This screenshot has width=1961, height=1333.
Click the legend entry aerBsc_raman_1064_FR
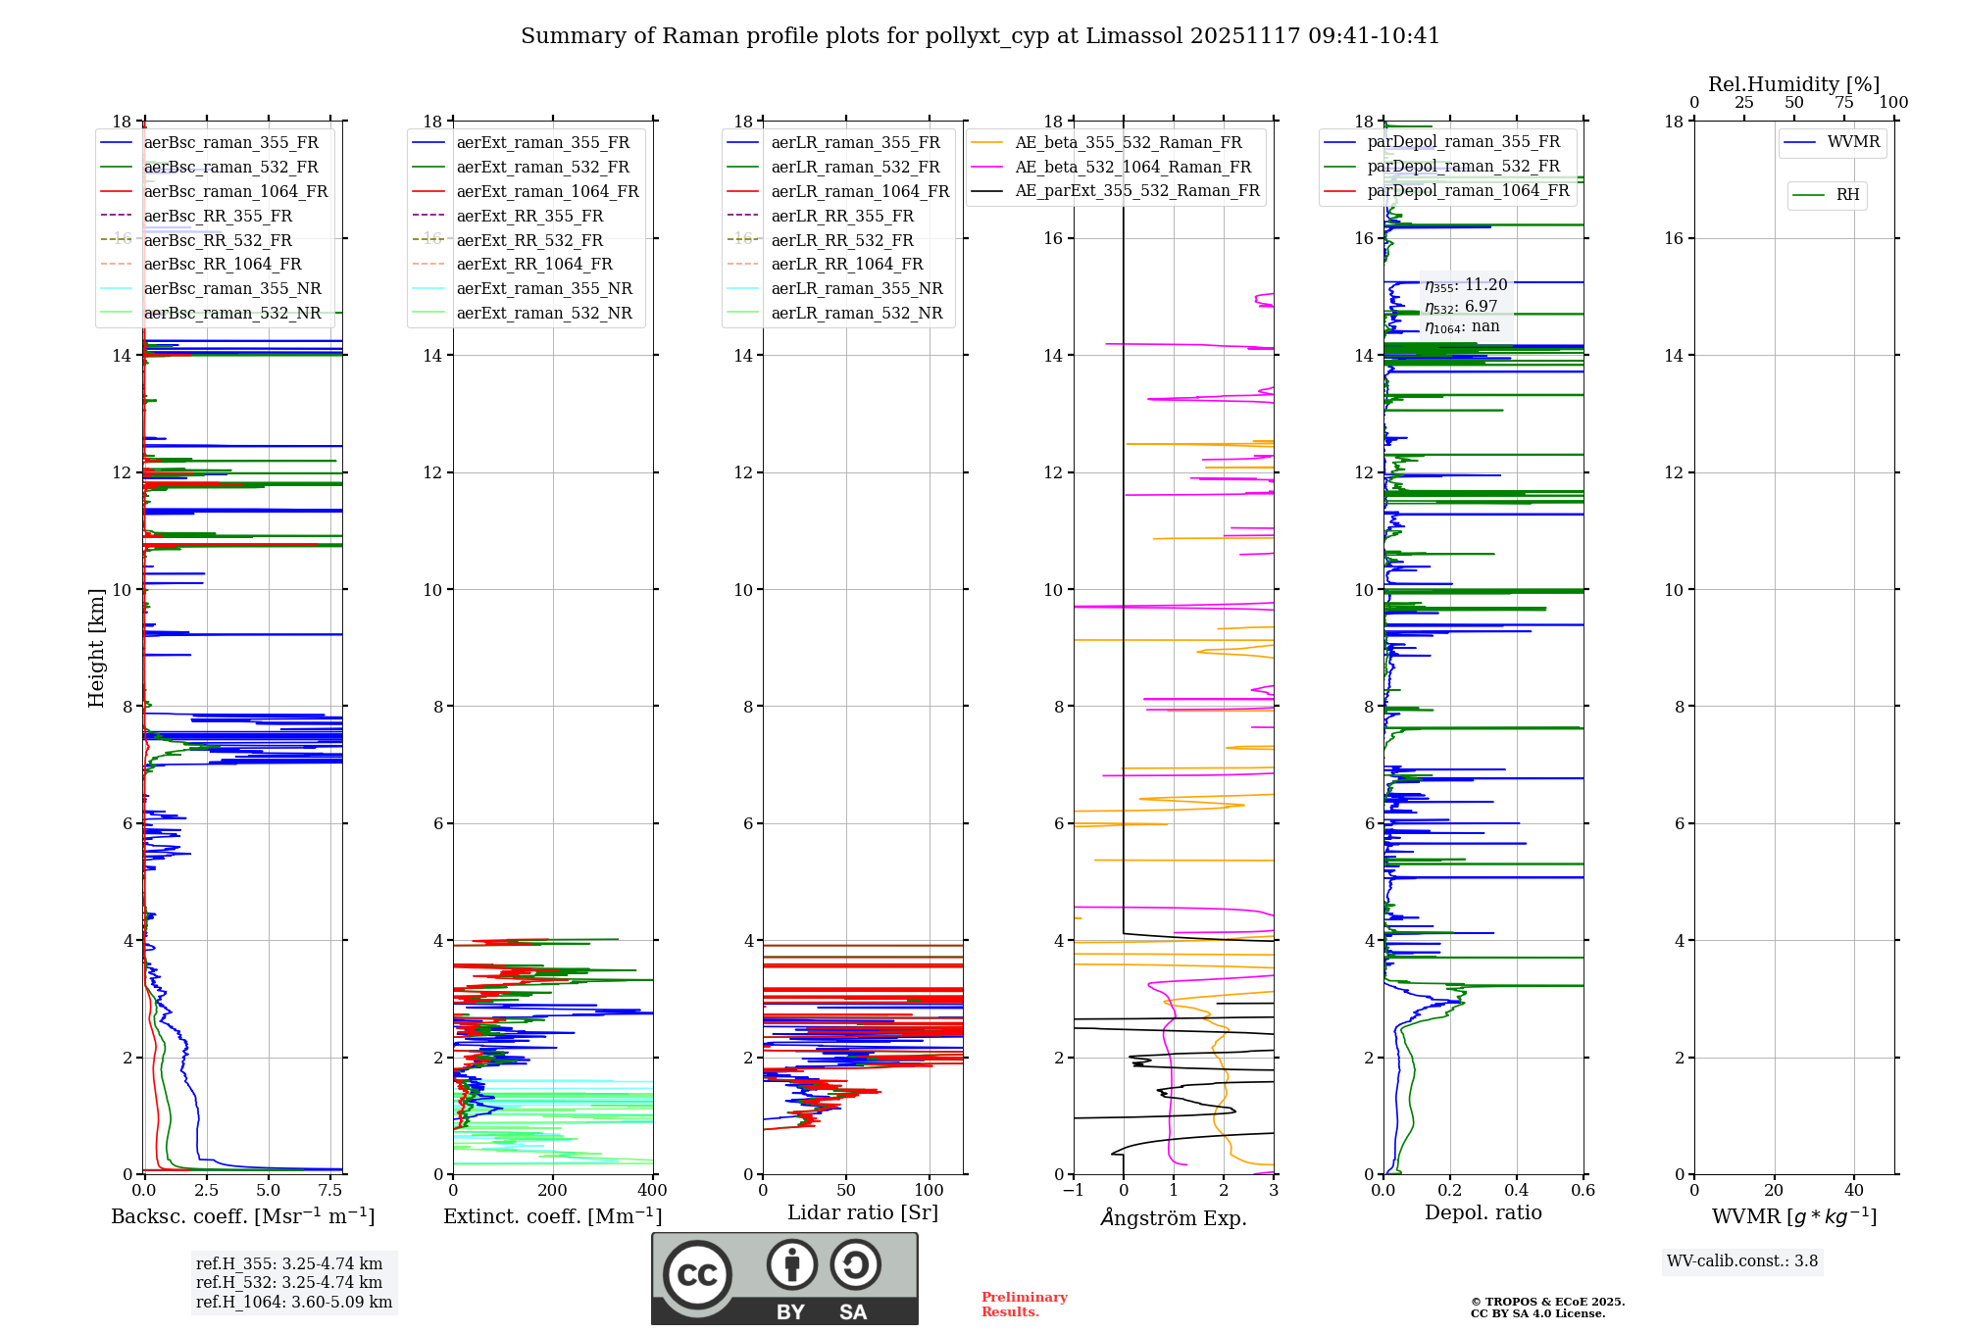235,192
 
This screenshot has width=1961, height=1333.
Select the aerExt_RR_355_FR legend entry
529,217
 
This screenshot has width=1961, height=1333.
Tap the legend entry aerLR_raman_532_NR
856,314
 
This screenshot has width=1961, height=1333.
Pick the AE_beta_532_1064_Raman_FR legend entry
1132,168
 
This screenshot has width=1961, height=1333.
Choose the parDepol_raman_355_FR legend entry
1463,142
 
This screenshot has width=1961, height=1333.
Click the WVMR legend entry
1853,142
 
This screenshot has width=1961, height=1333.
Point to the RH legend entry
1847,195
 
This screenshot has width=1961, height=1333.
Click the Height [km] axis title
96,647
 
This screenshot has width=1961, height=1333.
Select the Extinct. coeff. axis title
552,1216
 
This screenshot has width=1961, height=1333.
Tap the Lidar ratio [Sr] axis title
862,1212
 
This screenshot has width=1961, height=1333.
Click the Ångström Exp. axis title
1174,1218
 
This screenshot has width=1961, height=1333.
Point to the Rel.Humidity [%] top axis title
1793,84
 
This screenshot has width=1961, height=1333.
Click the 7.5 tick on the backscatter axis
330,1191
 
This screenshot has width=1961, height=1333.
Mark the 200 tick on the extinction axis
552,1191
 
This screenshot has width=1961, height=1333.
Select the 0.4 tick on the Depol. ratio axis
1517,1191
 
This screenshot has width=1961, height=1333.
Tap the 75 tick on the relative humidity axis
1844,103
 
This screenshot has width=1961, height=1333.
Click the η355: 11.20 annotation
1466,285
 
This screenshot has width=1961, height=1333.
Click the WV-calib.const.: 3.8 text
1741,1261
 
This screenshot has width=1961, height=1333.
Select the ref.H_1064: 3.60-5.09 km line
293,1303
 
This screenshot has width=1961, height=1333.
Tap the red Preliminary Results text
1024,1305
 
